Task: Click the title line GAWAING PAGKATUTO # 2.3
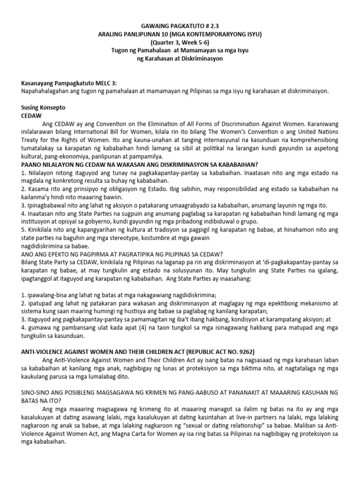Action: click(180, 27)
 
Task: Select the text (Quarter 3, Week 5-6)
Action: click(180, 43)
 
